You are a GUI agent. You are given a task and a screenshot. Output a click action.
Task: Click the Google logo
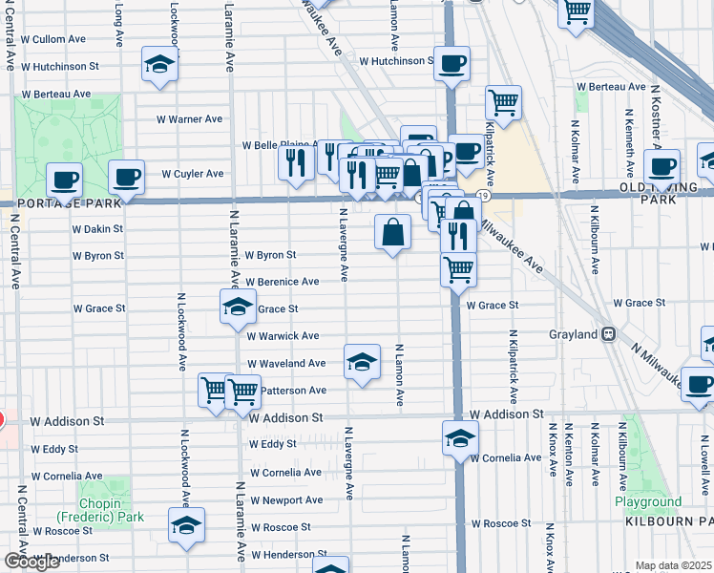point(32,562)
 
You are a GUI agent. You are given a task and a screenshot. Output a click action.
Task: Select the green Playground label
point(648,501)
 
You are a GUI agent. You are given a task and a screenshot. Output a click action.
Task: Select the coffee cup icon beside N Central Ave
point(65,179)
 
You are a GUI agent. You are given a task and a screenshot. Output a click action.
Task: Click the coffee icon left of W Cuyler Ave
point(126,176)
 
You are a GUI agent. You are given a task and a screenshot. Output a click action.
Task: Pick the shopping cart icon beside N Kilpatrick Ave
point(503,102)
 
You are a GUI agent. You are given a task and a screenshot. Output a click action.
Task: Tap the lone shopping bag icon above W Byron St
point(393,232)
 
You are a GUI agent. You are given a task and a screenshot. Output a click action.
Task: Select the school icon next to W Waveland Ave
point(362,362)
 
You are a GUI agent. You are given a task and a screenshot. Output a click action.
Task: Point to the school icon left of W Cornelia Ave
point(460,438)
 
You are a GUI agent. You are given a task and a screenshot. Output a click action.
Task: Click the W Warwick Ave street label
point(283,336)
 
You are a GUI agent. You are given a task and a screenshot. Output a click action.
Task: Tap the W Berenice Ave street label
point(282,282)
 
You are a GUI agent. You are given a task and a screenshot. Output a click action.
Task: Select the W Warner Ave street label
point(190,119)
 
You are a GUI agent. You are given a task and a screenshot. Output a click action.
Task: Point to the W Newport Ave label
point(286,500)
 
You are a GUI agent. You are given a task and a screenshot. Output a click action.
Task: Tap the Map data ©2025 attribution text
point(674,565)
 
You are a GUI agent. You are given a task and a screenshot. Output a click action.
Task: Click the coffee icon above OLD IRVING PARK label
point(661,166)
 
